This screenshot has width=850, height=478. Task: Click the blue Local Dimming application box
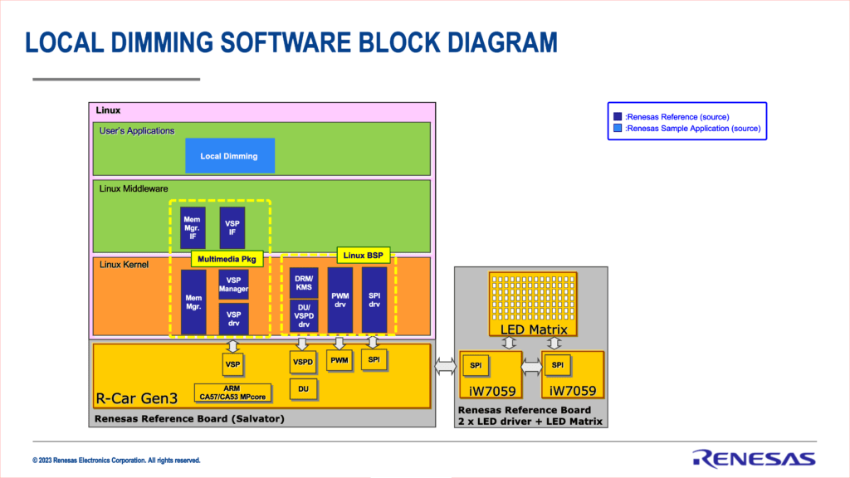point(229,156)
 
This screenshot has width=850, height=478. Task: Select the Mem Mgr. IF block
point(193,228)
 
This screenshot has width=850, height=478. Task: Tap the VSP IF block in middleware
point(232,228)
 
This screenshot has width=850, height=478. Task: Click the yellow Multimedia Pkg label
point(228,260)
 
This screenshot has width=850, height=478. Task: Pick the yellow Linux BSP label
point(363,255)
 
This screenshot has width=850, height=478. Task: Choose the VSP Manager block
point(233,284)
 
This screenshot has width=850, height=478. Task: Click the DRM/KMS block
point(303,281)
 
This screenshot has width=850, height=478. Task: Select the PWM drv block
point(340,298)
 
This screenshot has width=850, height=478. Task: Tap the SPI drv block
point(374,298)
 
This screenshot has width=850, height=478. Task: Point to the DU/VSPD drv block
point(303,316)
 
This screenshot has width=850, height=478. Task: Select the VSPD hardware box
point(302,363)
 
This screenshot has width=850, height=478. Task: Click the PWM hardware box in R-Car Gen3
point(340,360)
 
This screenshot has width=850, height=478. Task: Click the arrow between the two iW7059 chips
point(531,365)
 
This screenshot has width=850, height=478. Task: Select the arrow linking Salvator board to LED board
point(444,365)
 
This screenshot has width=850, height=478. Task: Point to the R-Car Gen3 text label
point(134,398)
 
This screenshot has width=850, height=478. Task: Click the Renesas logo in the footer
point(754,457)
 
